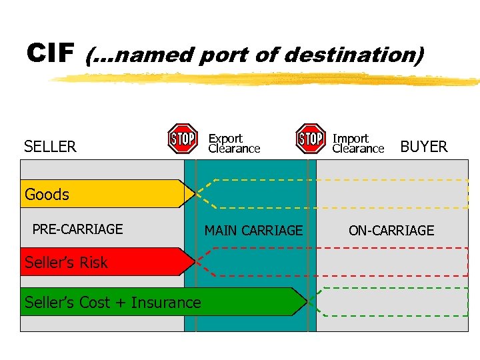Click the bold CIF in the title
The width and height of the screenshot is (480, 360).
[x=49, y=53]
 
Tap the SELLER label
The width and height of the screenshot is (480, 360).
[x=50, y=147]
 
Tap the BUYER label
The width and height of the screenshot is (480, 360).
[x=423, y=147]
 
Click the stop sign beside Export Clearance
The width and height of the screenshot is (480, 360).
[x=182, y=139]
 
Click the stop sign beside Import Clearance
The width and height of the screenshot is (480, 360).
[x=311, y=139]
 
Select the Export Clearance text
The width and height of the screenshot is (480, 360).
[x=234, y=143]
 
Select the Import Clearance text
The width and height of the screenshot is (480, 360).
[x=358, y=143]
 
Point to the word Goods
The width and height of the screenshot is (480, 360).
[x=47, y=195]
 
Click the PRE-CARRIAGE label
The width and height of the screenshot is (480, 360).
[x=77, y=229]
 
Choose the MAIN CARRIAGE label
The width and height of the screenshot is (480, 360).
[x=253, y=231]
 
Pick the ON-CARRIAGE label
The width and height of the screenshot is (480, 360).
[x=391, y=231]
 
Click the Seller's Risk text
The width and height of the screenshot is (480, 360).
[x=66, y=263]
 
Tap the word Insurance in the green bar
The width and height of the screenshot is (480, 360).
[x=167, y=303]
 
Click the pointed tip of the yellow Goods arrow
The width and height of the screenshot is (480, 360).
[x=194, y=193]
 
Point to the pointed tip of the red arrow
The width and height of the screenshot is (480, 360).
[x=194, y=261]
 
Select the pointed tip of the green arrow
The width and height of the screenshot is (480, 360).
[x=307, y=301]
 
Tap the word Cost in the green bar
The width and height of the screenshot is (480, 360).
[x=97, y=303]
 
